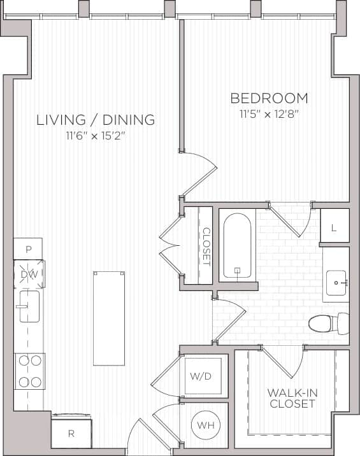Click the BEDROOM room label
pyautogui.click(x=269, y=98)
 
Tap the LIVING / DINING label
pyautogui.click(x=96, y=119)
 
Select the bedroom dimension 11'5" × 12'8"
pyautogui.click(x=269, y=115)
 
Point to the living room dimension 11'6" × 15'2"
pyautogui.click(x=96, y=136)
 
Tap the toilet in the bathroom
pyautogui.click(x=326, y=324)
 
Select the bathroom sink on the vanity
pyautogui.click(x=336, y=280)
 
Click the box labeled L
pyautogui.click(x=335, y=225)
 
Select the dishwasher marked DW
pyautogui.click(x=29, y=274)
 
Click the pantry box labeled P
pyautogui.click(x=28, y=248)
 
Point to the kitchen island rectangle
pyautogui.click(x=109, y=318)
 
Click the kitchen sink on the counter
pyautogui.click(x=27, y=306)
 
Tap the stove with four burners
pyautogui.click(x=29, y=371)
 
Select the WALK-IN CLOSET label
pyautogui.click(x=292, y=397)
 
